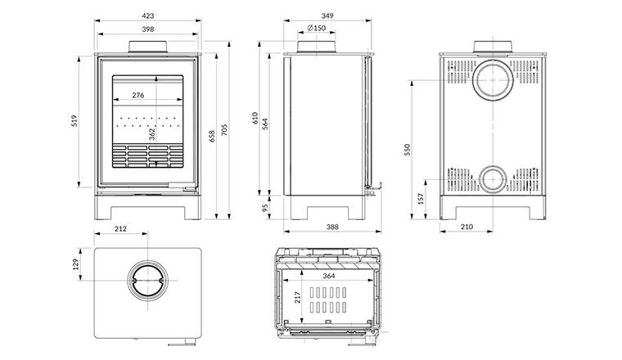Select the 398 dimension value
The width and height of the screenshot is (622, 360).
click(x=147, y=29)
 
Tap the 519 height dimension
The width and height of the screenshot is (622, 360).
click(x=74, y=121)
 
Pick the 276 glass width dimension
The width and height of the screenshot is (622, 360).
click(x=137, y=96)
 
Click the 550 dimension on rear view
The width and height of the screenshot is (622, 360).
click(x=408, y=149)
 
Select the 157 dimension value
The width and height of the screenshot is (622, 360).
click(x=421, y=198)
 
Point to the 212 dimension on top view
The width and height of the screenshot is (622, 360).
click(x=121, y=230)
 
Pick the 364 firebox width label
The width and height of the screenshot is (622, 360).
click(x=328, y=276)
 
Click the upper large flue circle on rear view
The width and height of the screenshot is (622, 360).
click(x=494, y=79)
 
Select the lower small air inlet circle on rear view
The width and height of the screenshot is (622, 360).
click(x=494, y=179)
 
